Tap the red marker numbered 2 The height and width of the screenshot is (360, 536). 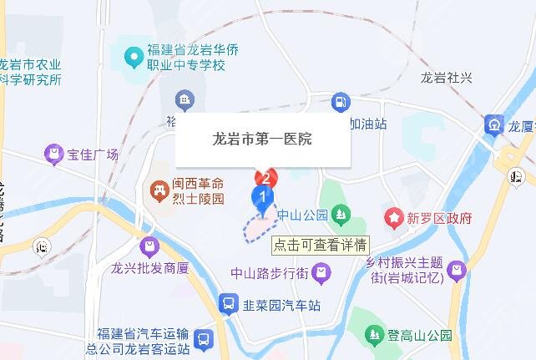click(266, 177)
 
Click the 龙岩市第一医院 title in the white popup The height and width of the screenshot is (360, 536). click(263, 139)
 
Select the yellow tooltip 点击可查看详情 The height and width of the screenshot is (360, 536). click(321, 245)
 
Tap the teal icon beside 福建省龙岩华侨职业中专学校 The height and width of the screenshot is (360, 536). click(131, 58)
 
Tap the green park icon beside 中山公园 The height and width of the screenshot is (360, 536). click(340, 215)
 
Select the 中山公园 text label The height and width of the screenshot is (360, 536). click(302, 215)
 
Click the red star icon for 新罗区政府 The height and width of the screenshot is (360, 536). click(392, 218)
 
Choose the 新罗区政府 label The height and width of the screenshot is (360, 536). click(438, 218)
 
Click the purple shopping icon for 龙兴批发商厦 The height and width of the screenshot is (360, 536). click(149, 246)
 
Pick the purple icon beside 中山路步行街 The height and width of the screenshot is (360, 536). click(322, 271)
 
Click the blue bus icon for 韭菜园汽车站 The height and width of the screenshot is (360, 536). click(227, 304)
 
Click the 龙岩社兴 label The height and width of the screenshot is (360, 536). click(447, 78)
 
